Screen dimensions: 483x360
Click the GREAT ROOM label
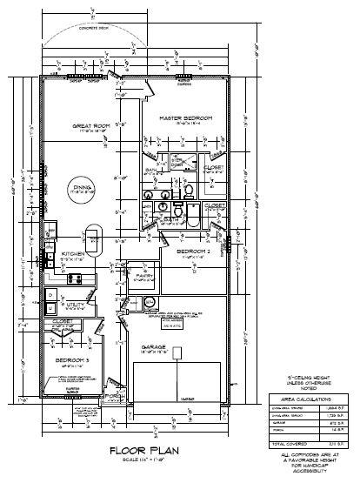pos(90,126)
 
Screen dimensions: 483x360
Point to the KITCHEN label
pos(71,254)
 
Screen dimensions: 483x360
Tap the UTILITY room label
pos(73,304)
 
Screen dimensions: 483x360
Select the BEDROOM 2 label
pos(193,252)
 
